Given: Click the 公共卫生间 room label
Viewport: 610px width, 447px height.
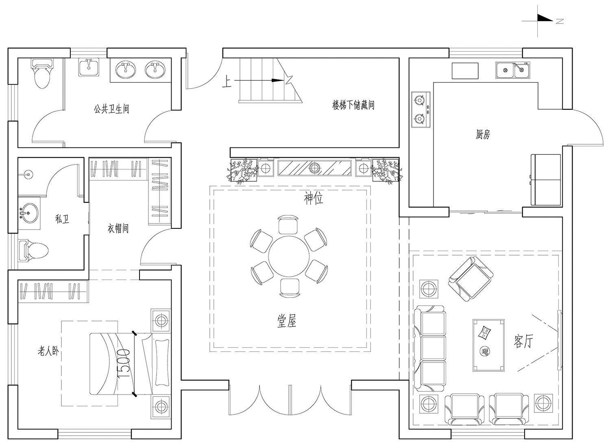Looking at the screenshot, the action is coord(111,109).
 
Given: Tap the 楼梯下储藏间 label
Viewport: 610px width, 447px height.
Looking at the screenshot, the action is coord(353,105).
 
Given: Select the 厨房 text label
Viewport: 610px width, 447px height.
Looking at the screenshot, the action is coord(483,134).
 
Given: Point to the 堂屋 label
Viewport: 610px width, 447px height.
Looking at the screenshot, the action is coord(286,321).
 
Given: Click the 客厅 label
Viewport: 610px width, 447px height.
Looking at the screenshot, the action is coord(523,341).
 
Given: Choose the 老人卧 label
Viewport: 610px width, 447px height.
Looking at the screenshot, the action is coord(48,351).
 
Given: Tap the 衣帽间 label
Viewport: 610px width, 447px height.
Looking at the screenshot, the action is coord(118,228).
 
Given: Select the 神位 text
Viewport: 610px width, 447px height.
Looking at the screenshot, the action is coord(314,198).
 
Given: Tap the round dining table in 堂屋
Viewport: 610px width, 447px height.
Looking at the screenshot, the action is coord(289,256).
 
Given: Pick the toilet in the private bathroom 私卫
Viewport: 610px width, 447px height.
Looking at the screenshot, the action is coord(33,250).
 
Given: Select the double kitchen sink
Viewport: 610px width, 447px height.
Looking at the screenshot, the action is coord(513,70).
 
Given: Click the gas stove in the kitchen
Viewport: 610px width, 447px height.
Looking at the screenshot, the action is coord(421,110).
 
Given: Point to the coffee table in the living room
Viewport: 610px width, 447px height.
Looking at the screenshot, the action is coord(488,345).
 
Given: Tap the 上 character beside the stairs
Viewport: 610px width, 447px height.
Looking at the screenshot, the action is coord(227,81).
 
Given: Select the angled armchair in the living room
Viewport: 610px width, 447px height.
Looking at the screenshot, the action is coord(471,279).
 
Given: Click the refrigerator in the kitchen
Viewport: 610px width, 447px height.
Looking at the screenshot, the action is coord(545,180).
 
